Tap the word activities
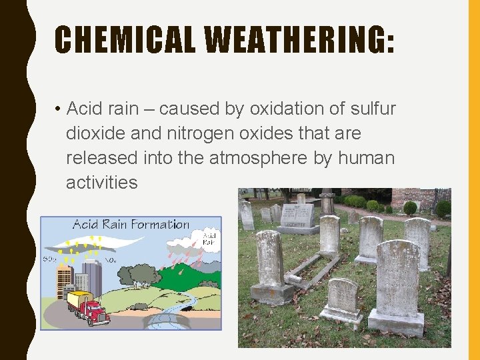click(101, 183)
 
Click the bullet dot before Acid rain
click(59, 109)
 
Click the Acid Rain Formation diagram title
click(130, 225)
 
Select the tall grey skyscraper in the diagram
click(91, 276)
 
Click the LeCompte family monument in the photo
click(297, 217)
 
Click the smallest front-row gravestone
click(342, 299)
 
